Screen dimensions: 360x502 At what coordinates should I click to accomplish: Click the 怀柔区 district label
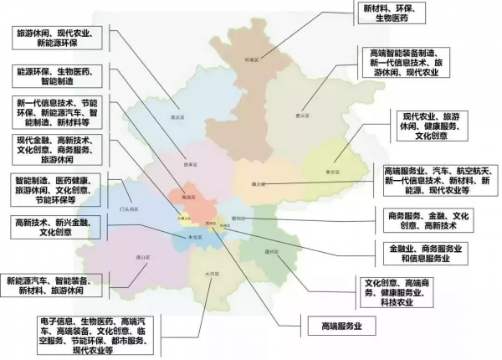click(x=247, y=59)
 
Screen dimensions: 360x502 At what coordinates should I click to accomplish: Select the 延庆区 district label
click(x=177, y=117)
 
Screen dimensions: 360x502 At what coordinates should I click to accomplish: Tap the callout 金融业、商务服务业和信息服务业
click(x=427, y=254)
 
